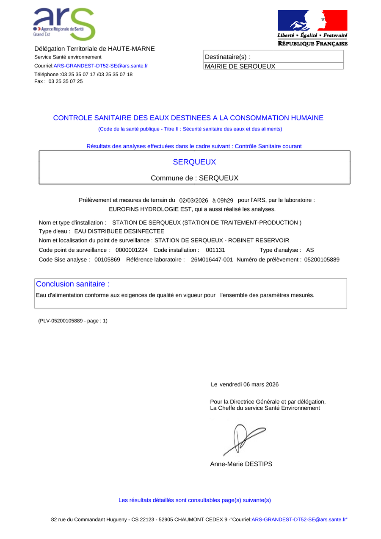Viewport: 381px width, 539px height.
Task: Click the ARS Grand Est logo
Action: coord(64,24)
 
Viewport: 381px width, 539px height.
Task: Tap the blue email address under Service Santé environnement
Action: coord(101,66)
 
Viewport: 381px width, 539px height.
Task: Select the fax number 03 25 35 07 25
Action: coord(66,81)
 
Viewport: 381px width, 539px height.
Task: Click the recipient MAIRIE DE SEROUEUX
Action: coord(240,66)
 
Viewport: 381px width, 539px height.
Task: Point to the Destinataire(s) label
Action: coord(227,57)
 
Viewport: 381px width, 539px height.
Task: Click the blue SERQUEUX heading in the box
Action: coord(194,162)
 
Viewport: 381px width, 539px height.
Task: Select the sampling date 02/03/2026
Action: coord(193,200)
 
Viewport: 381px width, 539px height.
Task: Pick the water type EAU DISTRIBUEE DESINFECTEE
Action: coord(119,231)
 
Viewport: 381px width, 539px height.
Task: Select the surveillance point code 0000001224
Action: coord(132,250)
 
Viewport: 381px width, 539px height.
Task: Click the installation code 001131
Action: coord(215,250)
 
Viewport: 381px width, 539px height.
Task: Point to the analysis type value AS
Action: coord(310,250)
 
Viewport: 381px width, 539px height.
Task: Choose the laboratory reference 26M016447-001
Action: coord(212,259)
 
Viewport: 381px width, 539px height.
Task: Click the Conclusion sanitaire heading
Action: coord(72,284)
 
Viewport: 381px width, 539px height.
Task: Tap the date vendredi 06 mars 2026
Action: coord(249,384)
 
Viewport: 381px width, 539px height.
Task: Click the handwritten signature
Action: coord(243,439)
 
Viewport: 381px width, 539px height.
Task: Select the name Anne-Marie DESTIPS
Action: coord(241,464)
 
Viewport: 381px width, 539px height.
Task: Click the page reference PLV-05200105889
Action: coord(63,321)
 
